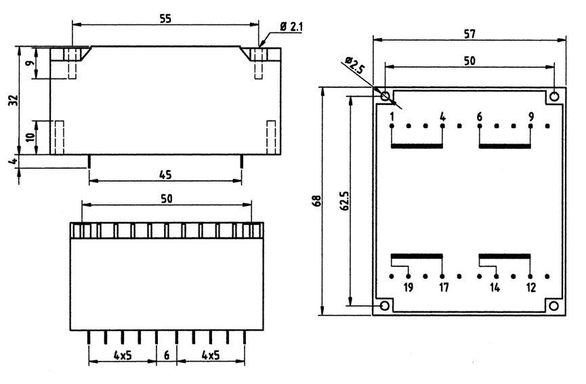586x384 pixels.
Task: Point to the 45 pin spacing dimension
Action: (x=165, y=175)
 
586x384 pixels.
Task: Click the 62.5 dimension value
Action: (x=343, y=201)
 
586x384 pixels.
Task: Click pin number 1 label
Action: (x=392, y=117)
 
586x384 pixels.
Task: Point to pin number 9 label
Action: (x=530, y=117)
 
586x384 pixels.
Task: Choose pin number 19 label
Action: (x=408, y=288)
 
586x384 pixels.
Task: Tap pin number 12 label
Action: (x=530, y=288)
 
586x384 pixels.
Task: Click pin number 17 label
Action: (x=443, y=288)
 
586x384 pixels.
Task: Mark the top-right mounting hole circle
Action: (x=555, y=96)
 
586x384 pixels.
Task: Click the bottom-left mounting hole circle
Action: (x=384, y=307)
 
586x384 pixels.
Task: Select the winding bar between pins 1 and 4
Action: (x=417, y=146)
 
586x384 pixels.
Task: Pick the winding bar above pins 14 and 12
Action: (x=504, y=256)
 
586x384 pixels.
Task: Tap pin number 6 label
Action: (x=479, y=117)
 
